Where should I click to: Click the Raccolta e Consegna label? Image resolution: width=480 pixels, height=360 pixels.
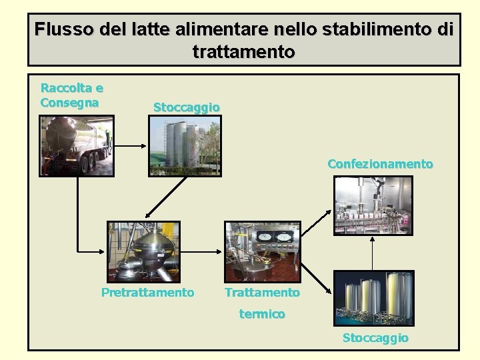coord(71,95)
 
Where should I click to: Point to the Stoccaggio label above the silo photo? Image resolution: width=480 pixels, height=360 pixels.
coord(186,107)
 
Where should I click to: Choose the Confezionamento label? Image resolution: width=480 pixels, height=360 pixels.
coord(380,164)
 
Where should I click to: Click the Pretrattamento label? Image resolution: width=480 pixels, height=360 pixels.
coord(147,293)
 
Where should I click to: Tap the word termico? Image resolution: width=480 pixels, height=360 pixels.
coord(262,313)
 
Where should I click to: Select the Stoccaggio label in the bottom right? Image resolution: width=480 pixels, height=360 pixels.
coord(375,338)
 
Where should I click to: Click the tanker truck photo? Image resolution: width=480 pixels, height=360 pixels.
coord(77,145)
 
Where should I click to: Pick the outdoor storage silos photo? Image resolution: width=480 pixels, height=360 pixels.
coord(185,147)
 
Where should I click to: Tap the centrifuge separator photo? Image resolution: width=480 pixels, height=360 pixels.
coord(144,251)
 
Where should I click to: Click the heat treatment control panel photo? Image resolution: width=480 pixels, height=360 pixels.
coord(263,251)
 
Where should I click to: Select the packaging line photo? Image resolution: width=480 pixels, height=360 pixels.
coord(374,206)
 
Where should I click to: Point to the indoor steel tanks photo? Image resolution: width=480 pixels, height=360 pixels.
coord(373,298)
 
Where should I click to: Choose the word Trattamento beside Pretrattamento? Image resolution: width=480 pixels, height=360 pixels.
coord(262,293)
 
